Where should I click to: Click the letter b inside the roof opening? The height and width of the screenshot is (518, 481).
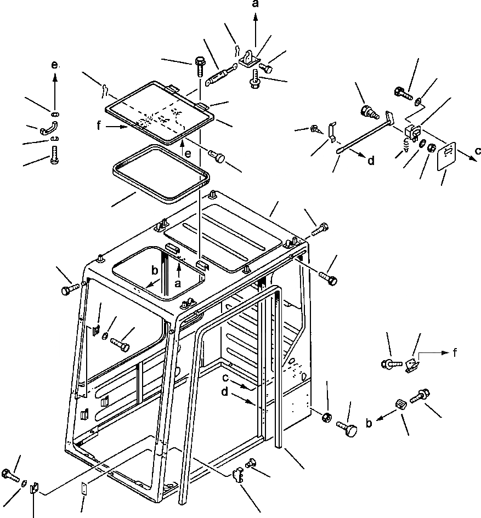(x=155, y=271)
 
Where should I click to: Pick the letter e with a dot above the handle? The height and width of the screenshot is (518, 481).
(x=54, y=65)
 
